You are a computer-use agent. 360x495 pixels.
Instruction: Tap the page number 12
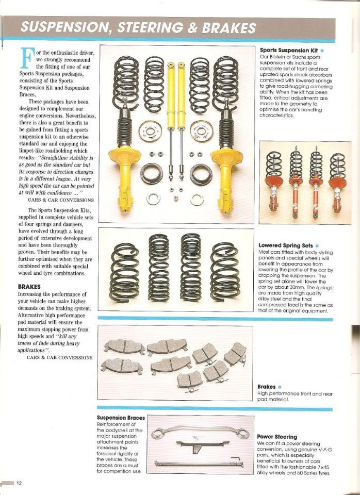(19, 483)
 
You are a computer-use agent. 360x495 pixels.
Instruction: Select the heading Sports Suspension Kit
(289, 50)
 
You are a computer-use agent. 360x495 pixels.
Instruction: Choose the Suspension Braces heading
(121, 418)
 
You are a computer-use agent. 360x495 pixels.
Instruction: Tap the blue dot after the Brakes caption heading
(280, 387)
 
